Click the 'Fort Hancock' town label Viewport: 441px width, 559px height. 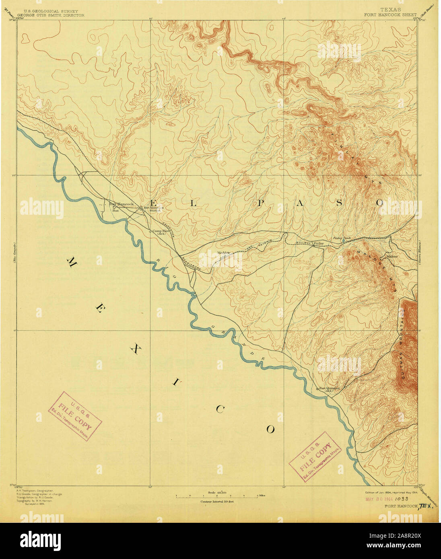(x=122, y=204)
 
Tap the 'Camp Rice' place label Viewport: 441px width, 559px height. (x=161, y=232)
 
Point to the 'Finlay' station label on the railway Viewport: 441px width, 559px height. (x=319, y=243)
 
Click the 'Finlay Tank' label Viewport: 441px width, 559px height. (x=342, y=239)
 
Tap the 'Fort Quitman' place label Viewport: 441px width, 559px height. (x=329, y=388)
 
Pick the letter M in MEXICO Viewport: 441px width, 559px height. (x=72, y=264)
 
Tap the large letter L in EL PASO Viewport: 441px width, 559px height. (x=193, y=203)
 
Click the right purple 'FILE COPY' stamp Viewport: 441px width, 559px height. (x=315, y=456)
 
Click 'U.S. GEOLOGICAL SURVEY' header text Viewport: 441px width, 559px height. (x=50, y=11)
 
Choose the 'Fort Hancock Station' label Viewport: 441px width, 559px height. (x=149, y=209)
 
